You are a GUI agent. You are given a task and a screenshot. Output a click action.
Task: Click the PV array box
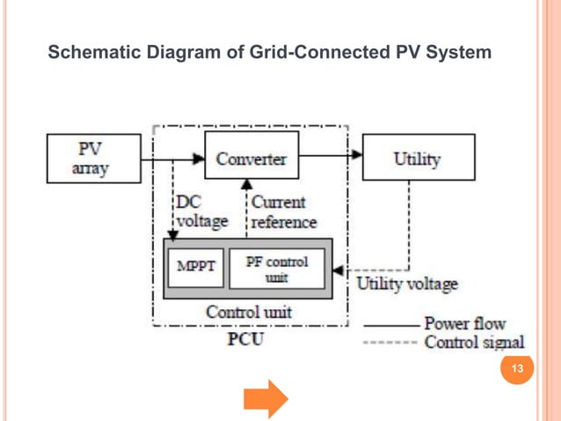[94, 159]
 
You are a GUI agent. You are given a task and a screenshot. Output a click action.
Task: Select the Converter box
[251, 159]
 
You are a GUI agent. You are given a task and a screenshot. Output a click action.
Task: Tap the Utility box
[418, 159]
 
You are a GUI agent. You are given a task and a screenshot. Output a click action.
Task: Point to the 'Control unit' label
[249, 312]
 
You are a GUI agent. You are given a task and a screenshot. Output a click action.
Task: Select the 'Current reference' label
[283, 211]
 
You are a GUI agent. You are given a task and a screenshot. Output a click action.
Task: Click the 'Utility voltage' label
[406, 284]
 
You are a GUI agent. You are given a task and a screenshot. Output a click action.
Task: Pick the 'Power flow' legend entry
[464, 323]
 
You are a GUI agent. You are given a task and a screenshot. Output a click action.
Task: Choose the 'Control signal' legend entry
[474, 342]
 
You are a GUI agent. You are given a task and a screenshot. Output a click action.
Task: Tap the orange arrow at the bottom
[266, 399]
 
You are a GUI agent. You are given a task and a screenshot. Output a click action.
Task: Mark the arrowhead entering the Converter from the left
[200, 159]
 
